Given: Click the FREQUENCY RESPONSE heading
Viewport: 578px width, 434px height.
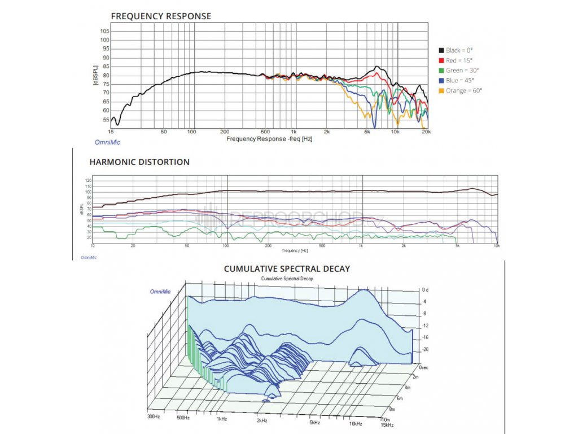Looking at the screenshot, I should [161, 16].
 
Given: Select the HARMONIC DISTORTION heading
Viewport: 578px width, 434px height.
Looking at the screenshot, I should [139, 162].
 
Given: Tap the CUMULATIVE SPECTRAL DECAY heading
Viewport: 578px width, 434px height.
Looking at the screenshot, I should [287, 268].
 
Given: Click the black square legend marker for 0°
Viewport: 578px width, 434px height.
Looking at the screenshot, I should [441, 50].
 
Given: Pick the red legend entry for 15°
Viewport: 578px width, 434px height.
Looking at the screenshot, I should [457, 60].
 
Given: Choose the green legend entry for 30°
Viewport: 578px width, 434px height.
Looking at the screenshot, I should [460, 71].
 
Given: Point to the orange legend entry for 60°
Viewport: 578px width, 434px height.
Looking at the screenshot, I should [462, 90].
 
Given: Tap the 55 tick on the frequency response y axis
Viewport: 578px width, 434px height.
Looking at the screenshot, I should [106, 120].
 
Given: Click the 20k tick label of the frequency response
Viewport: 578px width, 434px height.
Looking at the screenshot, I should [426, 132].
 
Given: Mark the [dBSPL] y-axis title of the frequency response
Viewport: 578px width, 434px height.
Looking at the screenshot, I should [96, 75].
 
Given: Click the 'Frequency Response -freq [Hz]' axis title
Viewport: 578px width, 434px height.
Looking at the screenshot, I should [269, 138].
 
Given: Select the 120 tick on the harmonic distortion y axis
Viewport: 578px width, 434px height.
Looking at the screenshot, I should [87, 181].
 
